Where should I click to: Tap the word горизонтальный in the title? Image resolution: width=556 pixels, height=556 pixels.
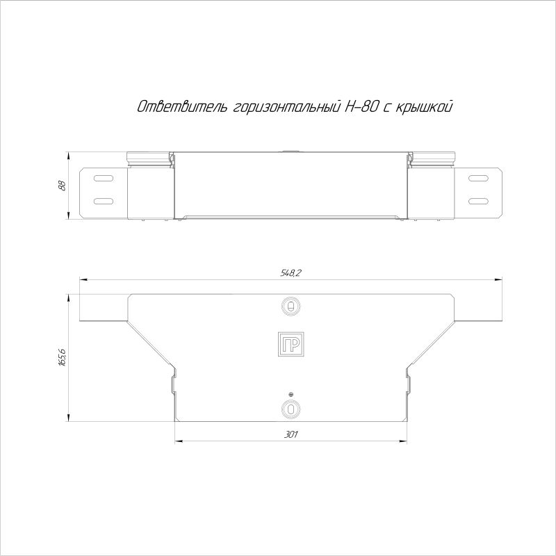(x=287, y=107)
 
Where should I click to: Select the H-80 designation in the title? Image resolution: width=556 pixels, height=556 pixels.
(x=361, y=106)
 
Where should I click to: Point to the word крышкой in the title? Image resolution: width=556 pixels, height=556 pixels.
(x=423, y=107)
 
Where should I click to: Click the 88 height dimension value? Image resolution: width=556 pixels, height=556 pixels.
(x=62, y=186)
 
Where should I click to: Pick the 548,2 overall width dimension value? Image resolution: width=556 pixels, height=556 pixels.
(x=291, y=272)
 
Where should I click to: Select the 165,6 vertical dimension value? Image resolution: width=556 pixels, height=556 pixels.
(x=62, y=357)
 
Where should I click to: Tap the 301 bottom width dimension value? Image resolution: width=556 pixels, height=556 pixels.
(x=291, y=434)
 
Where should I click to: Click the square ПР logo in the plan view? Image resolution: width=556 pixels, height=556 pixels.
(x=291, y=344)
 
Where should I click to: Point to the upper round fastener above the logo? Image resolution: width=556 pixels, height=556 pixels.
(x=291, y=306)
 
